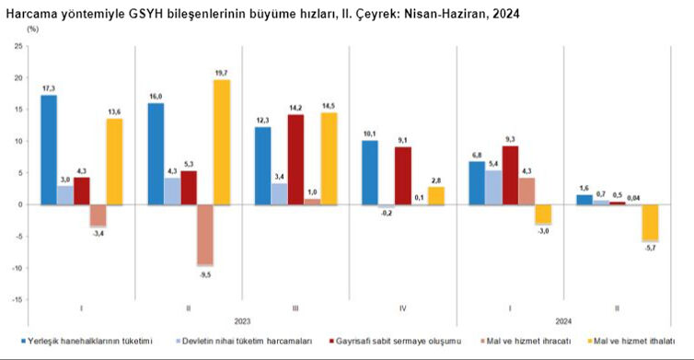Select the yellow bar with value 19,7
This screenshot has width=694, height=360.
pyautogui.click(x=221, y=142)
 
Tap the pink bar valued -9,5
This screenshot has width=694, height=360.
pyautogui.click(x=203, y=234)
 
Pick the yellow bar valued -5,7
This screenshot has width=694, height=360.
pyautogui.click(x=650, y=222)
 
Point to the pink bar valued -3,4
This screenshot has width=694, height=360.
pyautogui.click(x=98, y=215)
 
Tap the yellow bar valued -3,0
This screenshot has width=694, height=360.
pyautogui.click(x=543, y=214)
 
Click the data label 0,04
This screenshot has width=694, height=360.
pyautogui.click(x=632, y=196)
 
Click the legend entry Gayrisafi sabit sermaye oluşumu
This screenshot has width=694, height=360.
pyautogui.click(x=413, y=340)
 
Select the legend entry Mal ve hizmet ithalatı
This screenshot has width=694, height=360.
pyautogui.click(x=635, y=340)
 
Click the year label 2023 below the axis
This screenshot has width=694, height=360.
pyautogui.click(x=242, y=321)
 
